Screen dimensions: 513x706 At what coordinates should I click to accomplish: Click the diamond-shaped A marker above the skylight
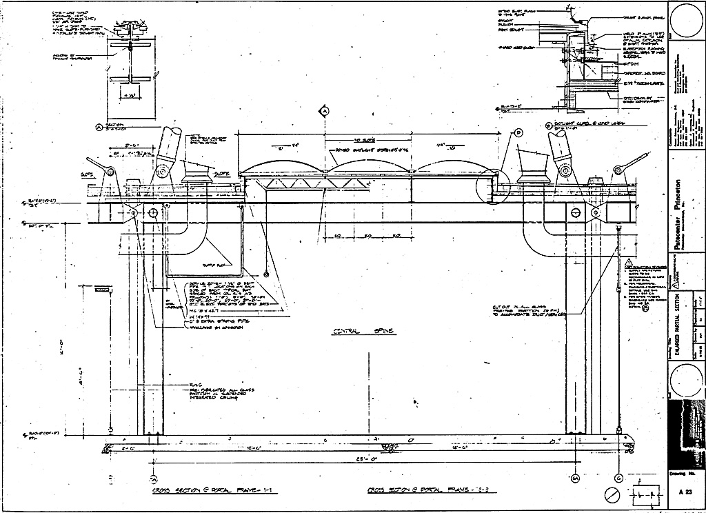[x=323, y=110]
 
